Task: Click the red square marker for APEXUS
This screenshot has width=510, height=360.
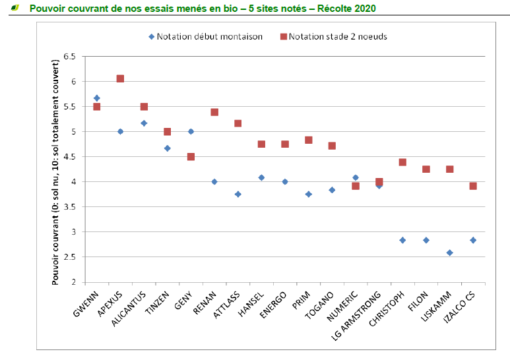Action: (120, 78)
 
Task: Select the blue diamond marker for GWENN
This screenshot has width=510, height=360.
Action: (97, 98)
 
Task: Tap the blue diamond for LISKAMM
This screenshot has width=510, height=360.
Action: (449, 253)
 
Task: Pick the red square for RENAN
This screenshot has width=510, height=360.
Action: (214, 112)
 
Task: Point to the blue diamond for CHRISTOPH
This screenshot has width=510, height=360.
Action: (402, 240)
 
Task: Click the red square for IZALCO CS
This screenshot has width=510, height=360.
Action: (473, 186)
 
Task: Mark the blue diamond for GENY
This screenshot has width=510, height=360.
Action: (191, 131)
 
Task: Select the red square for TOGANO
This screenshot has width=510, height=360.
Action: (332, 146)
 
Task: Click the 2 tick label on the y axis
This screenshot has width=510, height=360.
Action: (73, 282)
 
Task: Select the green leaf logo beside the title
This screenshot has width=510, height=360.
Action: (15, 8)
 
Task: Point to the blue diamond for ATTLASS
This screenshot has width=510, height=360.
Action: (238, 194)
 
